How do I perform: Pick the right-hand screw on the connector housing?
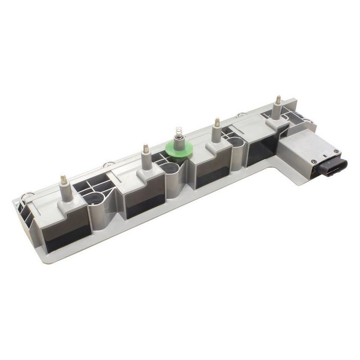coord(337,151)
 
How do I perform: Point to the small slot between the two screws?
coord(325,156)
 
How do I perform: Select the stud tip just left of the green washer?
coord(146,149)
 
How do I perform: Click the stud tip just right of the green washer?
coord(217,122)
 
